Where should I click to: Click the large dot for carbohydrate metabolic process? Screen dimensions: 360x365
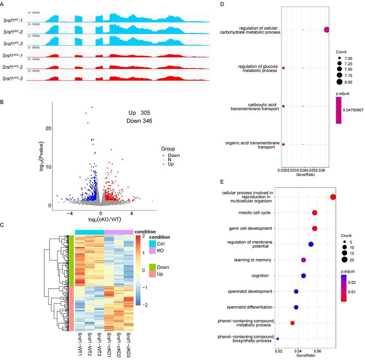[x=327, y=30]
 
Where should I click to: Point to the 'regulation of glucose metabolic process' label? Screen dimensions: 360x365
[x=257, y=70]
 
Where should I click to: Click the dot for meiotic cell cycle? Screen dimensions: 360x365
[x=315, y=213]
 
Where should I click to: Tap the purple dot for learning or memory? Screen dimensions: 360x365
[x=304, y=260]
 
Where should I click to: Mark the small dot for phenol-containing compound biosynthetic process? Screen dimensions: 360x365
[x=277, y=339]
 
